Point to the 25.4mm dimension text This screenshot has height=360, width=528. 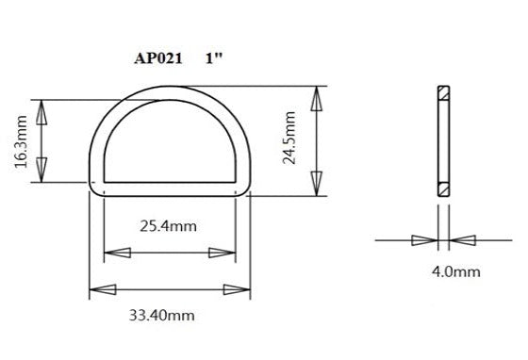[170, 227]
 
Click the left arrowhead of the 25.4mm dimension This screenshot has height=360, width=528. [116, 253]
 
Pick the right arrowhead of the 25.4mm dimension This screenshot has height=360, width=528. [224, 253]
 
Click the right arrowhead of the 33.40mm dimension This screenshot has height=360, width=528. [236, 288]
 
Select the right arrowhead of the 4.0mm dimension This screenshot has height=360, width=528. [462, 240]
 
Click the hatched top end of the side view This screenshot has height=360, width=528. [444, 94]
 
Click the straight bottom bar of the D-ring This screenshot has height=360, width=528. [171, 187]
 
